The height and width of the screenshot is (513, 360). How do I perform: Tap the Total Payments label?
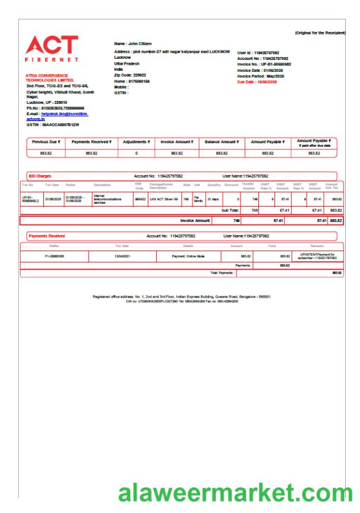[219, 273]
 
